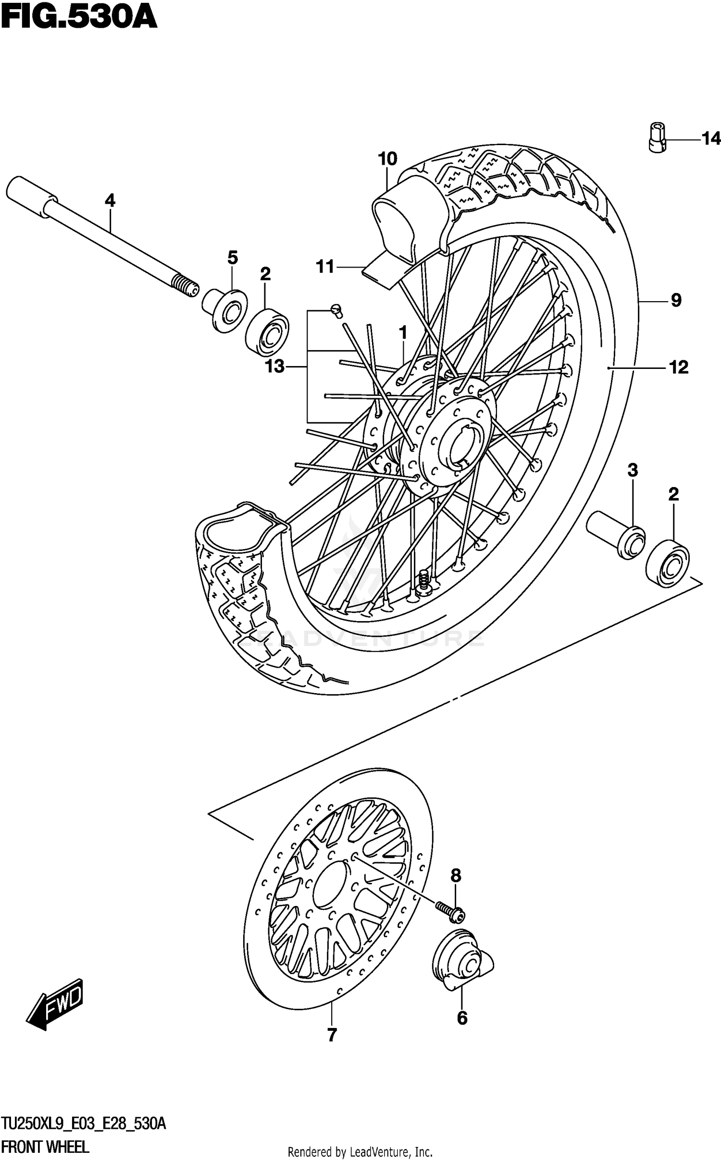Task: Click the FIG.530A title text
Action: pyautogui.click(x=79, y=18)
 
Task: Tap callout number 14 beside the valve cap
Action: pyautogui.click(x=711, y=139)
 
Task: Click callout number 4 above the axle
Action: pyautogui.click(x=110, y=201)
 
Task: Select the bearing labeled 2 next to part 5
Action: pyautogui.click(x=267, y=332)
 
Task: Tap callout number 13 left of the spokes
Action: pyautogui.click(x=275, y=367)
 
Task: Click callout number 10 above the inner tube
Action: pyautogui.click(x=387, y=159)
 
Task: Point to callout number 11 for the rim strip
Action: pyautogui.click(x=325, y=267)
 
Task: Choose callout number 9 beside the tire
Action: pyautogui.click(x=676, y=301)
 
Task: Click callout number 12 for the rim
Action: pyautogui.click(x=679, y=368)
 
